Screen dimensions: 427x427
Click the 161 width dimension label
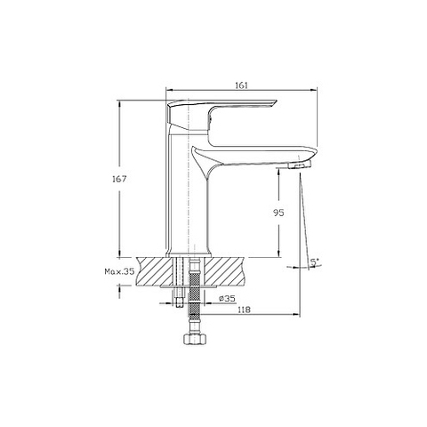tap(241, 85)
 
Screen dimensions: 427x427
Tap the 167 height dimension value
tap(119, 179)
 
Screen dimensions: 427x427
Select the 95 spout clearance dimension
tap(278, 213)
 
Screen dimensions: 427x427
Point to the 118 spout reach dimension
tap(245, 310)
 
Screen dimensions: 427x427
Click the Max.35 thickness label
tap(119, 271)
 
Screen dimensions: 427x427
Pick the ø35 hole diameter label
tap(227, 299)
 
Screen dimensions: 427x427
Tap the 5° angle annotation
tap(315, 262)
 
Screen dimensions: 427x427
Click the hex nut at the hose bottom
tap(193, 339)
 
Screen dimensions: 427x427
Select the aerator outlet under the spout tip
tap(300, 165)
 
